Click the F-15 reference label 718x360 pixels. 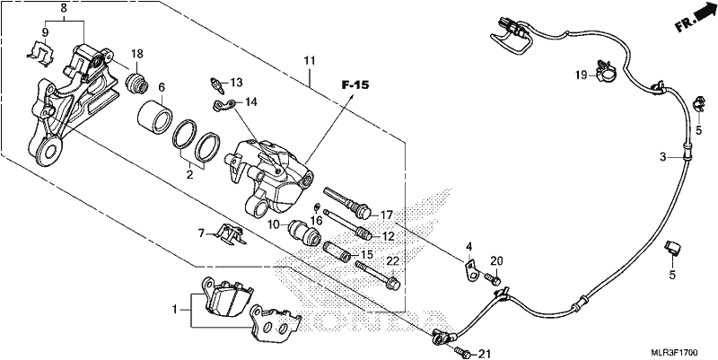click(355, 84)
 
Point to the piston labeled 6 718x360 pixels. click(154, 118)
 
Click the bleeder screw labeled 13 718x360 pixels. click(217, 84)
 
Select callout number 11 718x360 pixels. click(310, 60)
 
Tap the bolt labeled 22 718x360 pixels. click(378, 276)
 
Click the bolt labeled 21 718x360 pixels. click(462, 351)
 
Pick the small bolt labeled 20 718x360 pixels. click(492, 277)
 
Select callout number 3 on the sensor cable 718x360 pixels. click(663, 158)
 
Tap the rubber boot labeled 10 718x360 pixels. click(303, 233)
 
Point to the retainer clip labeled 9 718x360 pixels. click(40, 51)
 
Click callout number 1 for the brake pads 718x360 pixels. click(174, 310)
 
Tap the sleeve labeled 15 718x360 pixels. click(338, 251)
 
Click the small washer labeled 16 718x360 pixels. click(317, 207)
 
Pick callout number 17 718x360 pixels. click(387, 215)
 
